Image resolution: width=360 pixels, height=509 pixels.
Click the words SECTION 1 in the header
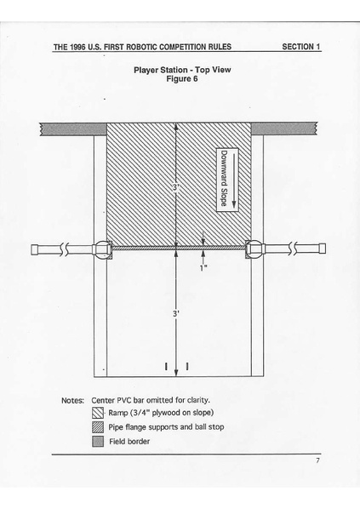pyautogui.click(x=300, y=47)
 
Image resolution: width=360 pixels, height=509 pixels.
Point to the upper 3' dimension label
pyautogui.click(x=174, y=186)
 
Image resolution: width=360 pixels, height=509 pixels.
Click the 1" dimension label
pyautogui.click(x=203, y=267)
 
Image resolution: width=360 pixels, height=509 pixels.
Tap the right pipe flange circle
pyautogui.click(x=254, y=249)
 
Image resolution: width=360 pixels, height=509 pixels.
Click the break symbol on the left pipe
pyautogui.click(x=67, y=249)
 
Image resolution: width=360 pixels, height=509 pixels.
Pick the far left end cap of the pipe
pyautogui.click(x=36, y=249)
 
